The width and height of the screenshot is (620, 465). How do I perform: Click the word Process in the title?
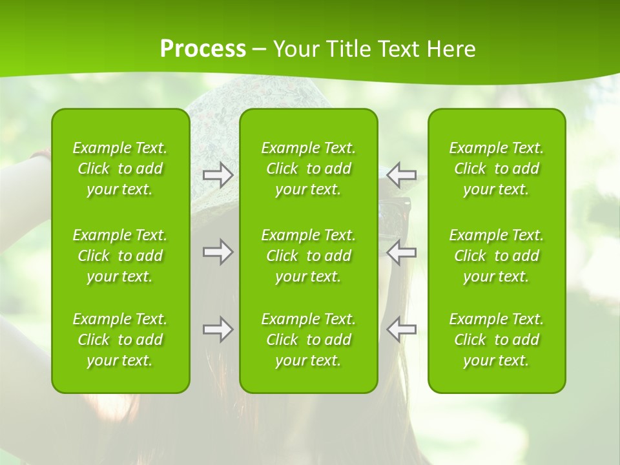click(x=203, y=49)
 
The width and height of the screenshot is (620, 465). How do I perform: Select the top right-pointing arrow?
click(x=218, y=175)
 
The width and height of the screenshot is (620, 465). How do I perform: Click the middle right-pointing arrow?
click(x=218, y=252)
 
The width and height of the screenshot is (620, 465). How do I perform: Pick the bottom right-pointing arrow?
click(x=218, y=329)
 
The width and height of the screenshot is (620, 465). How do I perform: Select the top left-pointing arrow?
click(x=402, y=175)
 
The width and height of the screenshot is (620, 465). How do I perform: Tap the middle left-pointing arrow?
click(x=402, y=252)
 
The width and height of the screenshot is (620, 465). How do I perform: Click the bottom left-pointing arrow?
click(x=402, y=329)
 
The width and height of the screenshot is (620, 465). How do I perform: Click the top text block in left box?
click(x=120, y=169)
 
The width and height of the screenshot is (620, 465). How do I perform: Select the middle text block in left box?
click(x=120, y=256)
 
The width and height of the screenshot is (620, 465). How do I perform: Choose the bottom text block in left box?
click(x=120, y=340)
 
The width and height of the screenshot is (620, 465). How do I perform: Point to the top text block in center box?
click(x=308, y=169)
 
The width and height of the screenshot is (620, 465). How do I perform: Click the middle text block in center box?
click(x=308, y=256)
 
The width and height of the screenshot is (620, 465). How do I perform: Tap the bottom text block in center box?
click(x=308, y=340)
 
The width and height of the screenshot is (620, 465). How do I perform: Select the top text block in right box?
click(x=496, y=169)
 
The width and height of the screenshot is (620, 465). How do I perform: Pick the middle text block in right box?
click(x=496, y=256)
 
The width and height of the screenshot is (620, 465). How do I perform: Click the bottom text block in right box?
click(x=496, y=340)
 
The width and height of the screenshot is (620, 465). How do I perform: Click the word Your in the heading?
click(x=295, y=49)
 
